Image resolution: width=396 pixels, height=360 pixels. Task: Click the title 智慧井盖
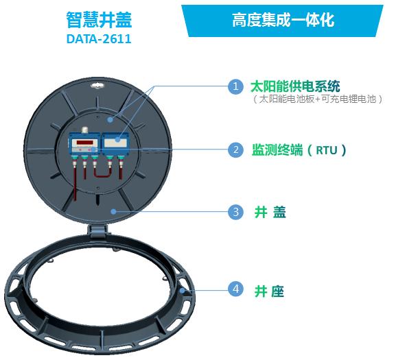point(99,20)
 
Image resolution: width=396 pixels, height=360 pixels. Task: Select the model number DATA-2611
point(99,39)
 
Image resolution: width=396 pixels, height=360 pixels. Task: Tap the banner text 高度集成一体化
point(283,20)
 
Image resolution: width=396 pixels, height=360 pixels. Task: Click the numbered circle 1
point(235,86)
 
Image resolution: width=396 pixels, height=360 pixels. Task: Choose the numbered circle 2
point(235,149)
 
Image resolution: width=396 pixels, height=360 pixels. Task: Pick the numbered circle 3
point(235,211)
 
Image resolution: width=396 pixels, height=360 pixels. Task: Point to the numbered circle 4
point(235,289)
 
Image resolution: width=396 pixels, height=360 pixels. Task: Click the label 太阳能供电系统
point(295,86)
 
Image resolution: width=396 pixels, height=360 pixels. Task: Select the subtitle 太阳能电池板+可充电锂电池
point(318,99)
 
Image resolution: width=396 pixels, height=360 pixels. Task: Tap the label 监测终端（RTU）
point(299,150)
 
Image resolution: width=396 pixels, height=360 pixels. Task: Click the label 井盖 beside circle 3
point(270,212)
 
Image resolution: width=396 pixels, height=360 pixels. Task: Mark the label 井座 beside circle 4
point(270,291)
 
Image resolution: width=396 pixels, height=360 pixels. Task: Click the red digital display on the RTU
point(84,142)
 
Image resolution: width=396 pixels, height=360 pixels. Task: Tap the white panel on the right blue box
point(115,143)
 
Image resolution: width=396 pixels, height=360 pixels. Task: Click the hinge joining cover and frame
point(97,231)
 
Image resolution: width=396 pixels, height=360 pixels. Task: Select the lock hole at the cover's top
point(97,86)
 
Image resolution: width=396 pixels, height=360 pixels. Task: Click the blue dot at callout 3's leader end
point(114,211)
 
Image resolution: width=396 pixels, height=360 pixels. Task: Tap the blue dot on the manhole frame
point(182,290)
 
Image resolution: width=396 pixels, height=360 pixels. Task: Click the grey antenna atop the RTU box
point(84,130)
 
